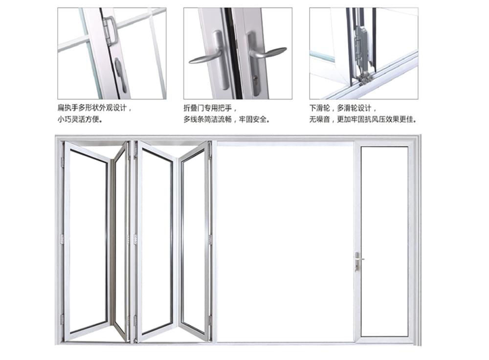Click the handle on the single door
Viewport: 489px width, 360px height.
click(x=358, y=261)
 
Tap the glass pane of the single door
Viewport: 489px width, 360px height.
click(x=384, y=242)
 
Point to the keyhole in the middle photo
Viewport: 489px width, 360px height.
click(x=256, y=77)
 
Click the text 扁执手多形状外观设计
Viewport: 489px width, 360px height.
click(x=92, y=108)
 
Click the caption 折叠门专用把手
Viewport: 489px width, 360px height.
click(x=208, y=108)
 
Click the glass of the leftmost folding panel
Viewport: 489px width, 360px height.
click(x=88, y=240)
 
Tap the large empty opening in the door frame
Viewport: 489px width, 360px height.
click(x=286, y=243)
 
